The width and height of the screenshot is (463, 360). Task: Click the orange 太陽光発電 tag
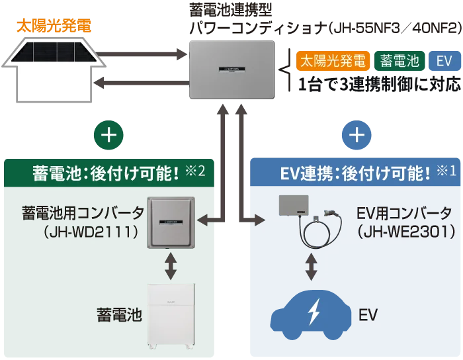coord(333,62)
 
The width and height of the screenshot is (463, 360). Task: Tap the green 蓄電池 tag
coord(400,62)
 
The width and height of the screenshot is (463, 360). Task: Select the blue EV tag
coord(444,62)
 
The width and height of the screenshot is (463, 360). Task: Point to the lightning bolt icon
coord(315,312)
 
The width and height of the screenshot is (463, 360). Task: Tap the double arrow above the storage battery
coord(171,265)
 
